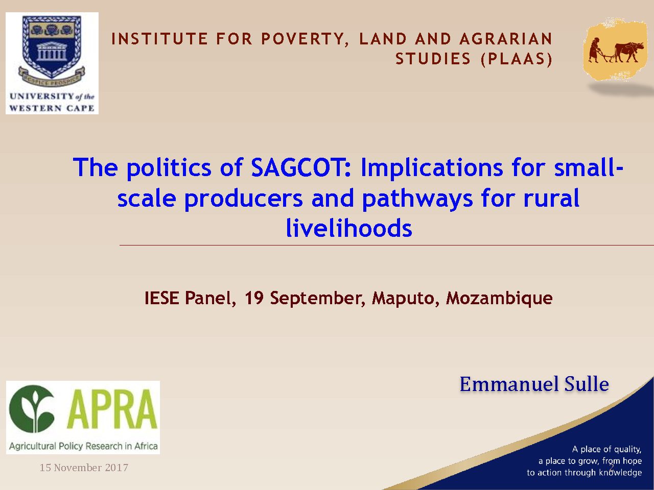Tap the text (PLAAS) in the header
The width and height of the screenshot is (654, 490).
pos(517,59)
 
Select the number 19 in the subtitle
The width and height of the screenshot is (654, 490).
pos(254,298)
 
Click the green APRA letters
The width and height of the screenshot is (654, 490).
pos(112,409)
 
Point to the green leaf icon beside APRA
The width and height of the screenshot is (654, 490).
pos(32,409)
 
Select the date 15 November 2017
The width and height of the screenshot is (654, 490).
pos(84,468)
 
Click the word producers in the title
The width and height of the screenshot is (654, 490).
pos(244,199)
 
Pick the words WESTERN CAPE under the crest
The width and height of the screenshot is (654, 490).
pos(52,108)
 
